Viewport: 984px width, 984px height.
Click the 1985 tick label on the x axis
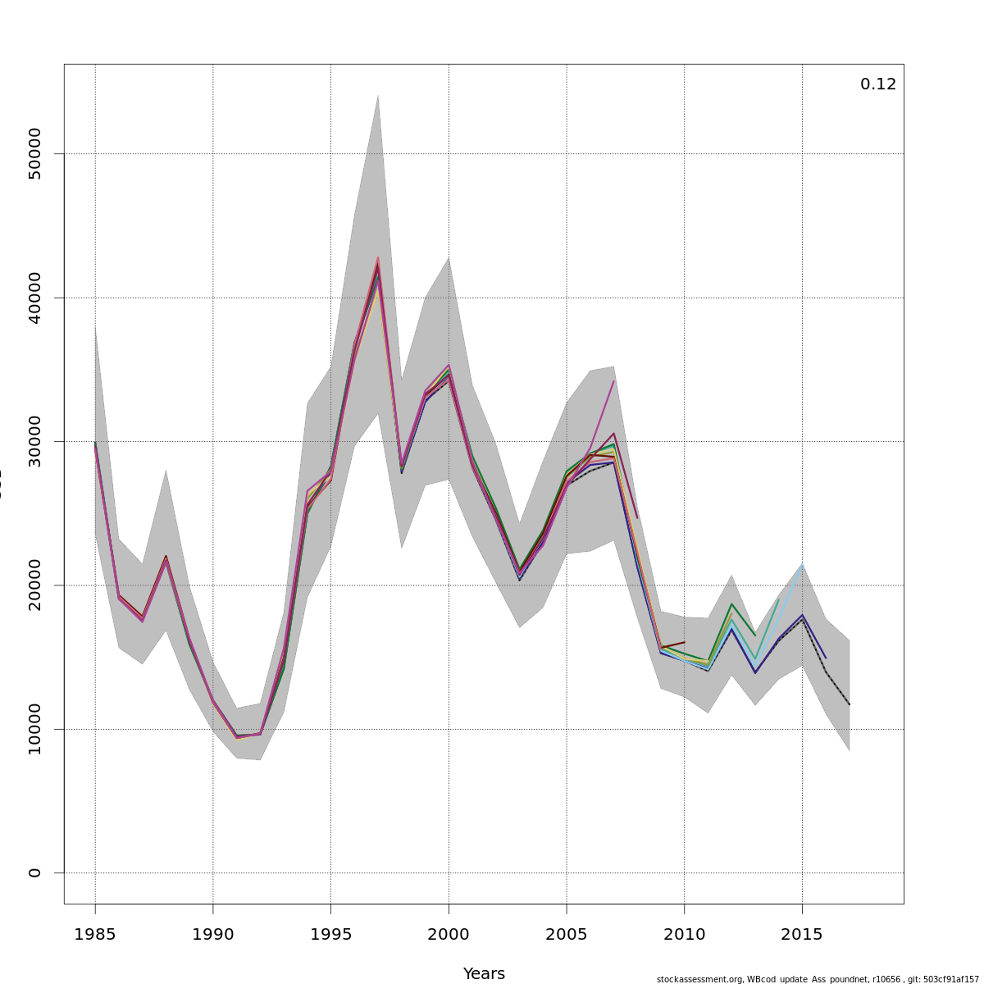[95, 934]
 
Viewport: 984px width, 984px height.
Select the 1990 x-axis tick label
[213, 934]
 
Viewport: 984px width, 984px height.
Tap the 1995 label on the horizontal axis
[330, 934]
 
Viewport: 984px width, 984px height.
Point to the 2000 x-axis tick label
[449, 934]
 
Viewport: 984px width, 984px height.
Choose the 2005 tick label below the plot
[566, 934]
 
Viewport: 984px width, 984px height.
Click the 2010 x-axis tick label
[684, 934]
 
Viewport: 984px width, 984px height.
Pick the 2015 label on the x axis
[802, 934]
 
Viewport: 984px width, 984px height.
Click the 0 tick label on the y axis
[34, 872]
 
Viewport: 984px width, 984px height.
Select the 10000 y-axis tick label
[34, 729]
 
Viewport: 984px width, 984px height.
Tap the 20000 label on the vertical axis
[34, 585]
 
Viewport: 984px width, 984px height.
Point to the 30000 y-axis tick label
[34, 441]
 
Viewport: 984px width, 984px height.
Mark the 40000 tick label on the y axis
[34, 298]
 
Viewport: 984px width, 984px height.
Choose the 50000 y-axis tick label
[34, 153]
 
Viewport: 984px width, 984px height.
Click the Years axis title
[484, 974]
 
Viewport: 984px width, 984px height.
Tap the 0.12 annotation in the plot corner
[877, 84]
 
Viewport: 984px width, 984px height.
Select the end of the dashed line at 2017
[850, 704]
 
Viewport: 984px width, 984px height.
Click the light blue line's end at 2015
[802, 565]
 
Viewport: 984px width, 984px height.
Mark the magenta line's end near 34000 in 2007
[613, 381]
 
